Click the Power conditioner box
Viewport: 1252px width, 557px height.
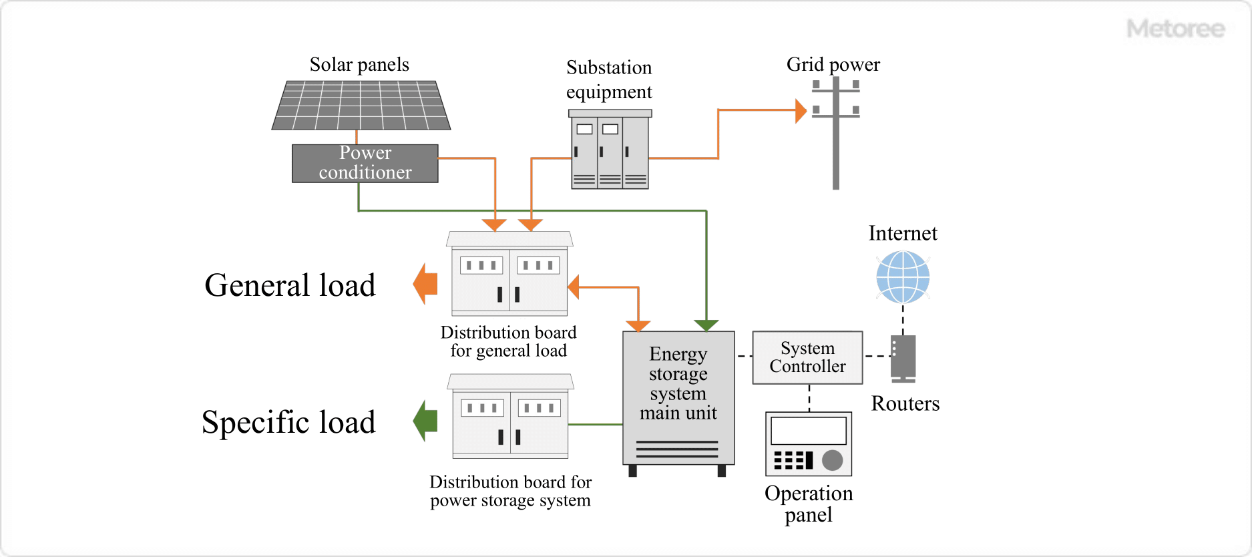365,163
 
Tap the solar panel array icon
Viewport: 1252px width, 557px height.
361,106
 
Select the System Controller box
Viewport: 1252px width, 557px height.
807,357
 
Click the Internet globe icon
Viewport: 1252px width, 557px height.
903,276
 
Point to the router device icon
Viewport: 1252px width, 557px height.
903,358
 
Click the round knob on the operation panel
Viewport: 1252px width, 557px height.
832,460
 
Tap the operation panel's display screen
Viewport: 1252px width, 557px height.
808,431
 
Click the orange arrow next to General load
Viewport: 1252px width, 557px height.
425,284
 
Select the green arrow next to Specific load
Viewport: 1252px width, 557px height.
425,421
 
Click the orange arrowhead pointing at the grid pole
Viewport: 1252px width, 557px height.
801,111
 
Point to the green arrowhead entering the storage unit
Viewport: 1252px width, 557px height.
706,325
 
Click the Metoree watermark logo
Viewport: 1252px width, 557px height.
1175,29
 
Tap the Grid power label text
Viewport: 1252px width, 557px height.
833,65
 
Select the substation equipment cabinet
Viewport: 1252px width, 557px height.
610,150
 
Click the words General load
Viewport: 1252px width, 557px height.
290,285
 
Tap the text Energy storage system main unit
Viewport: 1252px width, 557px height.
678,383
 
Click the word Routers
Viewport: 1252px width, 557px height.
905,403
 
